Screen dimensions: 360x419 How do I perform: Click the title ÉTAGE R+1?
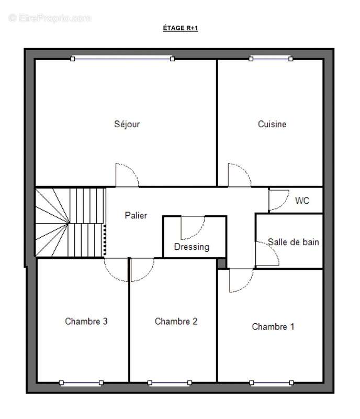181,28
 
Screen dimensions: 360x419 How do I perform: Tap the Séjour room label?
127,124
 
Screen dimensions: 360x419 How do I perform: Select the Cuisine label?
272,124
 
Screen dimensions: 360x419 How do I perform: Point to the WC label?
302,201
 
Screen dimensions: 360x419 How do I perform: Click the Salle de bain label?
293,242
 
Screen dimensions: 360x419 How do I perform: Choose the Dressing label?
192,247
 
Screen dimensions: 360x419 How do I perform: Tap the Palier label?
136,215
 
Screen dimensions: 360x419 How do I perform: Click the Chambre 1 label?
273,326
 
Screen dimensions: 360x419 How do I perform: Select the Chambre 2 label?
176,321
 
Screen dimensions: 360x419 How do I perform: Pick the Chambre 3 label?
86,321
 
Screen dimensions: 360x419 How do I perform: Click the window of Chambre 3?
81,383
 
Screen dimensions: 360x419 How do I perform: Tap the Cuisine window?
271,59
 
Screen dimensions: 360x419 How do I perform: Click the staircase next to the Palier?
71,223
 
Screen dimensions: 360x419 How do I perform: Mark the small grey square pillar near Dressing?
222,263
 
